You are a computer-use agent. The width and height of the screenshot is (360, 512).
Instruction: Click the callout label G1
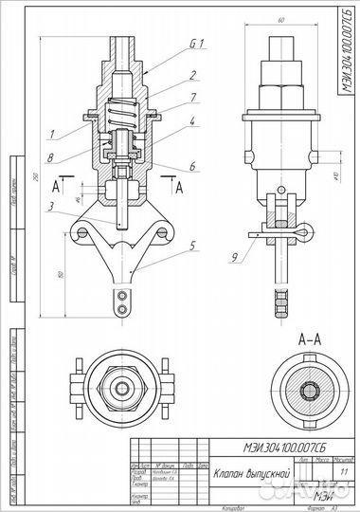[x=197, y=44]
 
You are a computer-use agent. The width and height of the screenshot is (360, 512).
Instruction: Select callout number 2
[x=191, y=74]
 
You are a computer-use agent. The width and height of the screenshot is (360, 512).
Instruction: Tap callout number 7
[x=191, y=97]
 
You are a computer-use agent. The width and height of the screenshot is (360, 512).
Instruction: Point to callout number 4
[x=191, y=121]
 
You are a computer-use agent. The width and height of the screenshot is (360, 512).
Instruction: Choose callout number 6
[x=191, y=166]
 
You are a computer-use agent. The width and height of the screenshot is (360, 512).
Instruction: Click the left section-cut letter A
[x=57, y=187]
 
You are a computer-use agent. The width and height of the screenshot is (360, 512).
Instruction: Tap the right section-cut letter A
[x=181, y=187]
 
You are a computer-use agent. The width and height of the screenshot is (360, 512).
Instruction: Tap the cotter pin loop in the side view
[x=301, y=232]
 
